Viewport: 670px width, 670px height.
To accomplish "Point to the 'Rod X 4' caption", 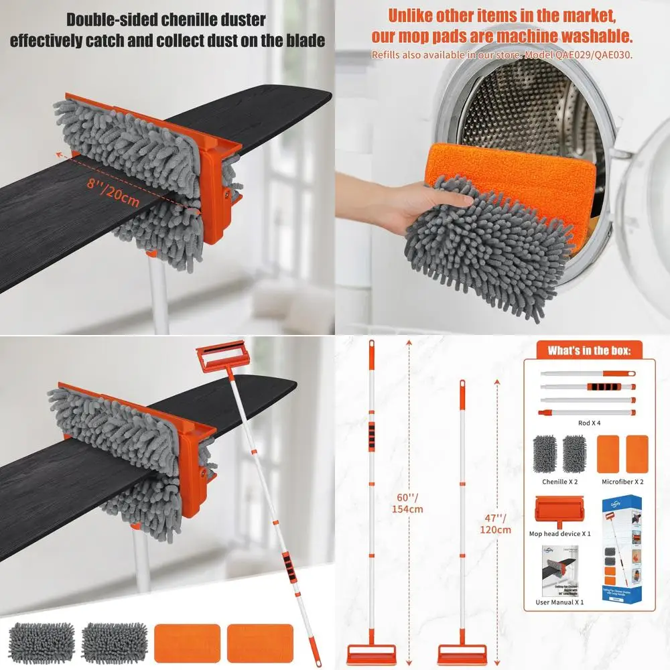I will [588, 423].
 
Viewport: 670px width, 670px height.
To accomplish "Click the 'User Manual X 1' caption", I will [560, 602].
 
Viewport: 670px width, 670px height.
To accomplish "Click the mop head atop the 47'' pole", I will [460, 653].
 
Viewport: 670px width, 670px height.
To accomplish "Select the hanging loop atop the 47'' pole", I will [461, 387].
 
